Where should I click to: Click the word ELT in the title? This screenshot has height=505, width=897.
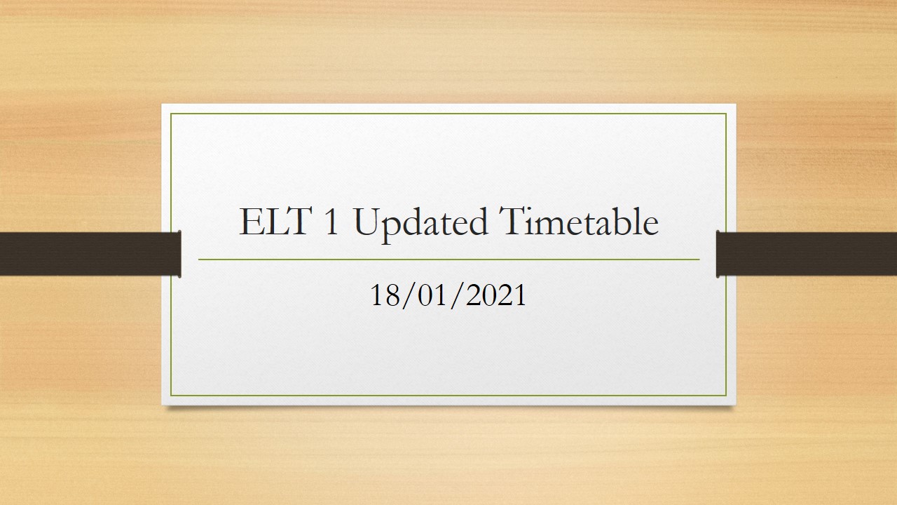275,221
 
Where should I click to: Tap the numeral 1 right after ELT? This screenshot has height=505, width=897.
331,221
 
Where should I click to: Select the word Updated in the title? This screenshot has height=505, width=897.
420,224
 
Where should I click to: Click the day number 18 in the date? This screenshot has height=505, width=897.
385,295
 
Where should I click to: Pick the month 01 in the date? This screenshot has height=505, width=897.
433,295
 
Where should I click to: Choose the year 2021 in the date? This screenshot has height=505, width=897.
495,295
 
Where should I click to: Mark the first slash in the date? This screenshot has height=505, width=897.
409,296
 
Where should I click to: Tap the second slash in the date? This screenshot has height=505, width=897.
458,296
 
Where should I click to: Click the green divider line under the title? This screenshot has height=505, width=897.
449,260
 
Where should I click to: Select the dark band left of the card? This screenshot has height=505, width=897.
90,254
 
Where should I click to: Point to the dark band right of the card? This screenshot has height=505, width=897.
807,254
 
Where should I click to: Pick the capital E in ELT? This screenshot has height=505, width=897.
249,221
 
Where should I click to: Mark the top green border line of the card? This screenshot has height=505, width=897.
448,114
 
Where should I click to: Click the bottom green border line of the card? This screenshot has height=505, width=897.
448,396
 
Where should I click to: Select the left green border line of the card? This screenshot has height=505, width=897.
171,255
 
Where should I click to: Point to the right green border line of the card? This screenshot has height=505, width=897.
726,255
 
